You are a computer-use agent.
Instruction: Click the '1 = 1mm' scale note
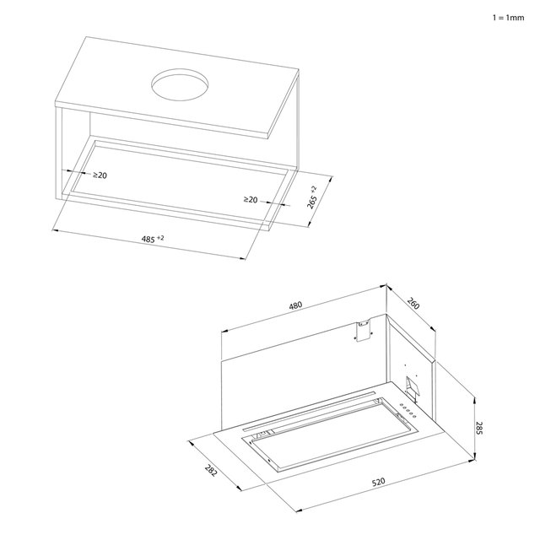[x=508, y=18]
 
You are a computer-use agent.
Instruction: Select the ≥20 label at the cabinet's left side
[x=100, y=175]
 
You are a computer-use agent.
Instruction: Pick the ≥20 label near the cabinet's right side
[x=251, y=199]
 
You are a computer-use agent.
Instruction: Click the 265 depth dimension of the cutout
[x=311, y=202]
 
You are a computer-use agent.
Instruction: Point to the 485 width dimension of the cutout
[x=148, y=239]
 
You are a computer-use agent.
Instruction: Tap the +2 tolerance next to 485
[x=160, y=237]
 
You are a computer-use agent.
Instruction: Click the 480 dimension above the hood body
[x=295, y=305]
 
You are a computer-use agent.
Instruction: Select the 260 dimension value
[x=413, y=303]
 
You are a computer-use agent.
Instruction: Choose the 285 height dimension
[x=479, y=428]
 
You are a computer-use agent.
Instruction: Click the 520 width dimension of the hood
[x=379, y=482]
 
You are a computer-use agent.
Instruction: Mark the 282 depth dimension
[x=211, y=471]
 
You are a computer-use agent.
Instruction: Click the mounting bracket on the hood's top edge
[x=364, y=330]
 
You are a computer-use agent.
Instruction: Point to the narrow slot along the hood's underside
[x=309, y=411]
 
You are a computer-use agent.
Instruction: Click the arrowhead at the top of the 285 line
[x=475, y=400]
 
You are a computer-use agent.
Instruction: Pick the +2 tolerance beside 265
[x=313, y=189]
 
